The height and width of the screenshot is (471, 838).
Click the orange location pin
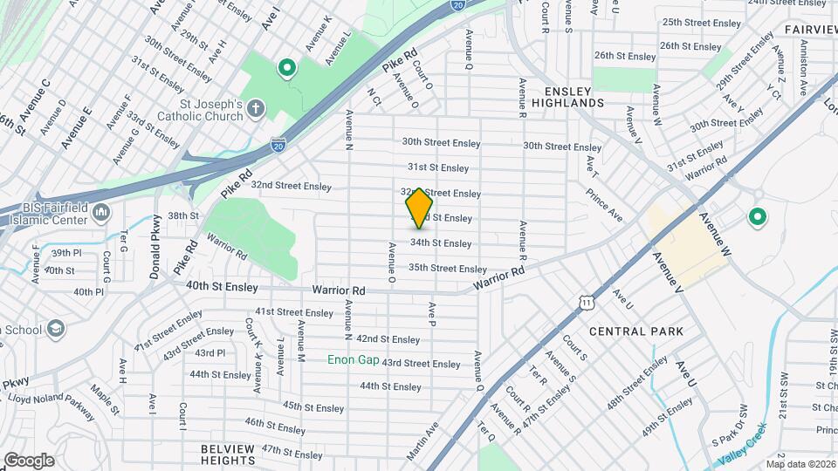420,208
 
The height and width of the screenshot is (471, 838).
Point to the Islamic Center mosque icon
101,212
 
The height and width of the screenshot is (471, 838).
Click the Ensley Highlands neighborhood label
574,96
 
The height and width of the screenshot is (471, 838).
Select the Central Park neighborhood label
636,331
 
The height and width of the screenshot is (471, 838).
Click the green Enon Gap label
353,359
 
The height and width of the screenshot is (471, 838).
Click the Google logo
28,461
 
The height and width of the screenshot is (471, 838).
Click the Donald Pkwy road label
155,247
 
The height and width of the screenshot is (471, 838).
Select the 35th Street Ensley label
447,269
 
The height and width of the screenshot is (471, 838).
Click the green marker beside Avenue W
757,217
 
